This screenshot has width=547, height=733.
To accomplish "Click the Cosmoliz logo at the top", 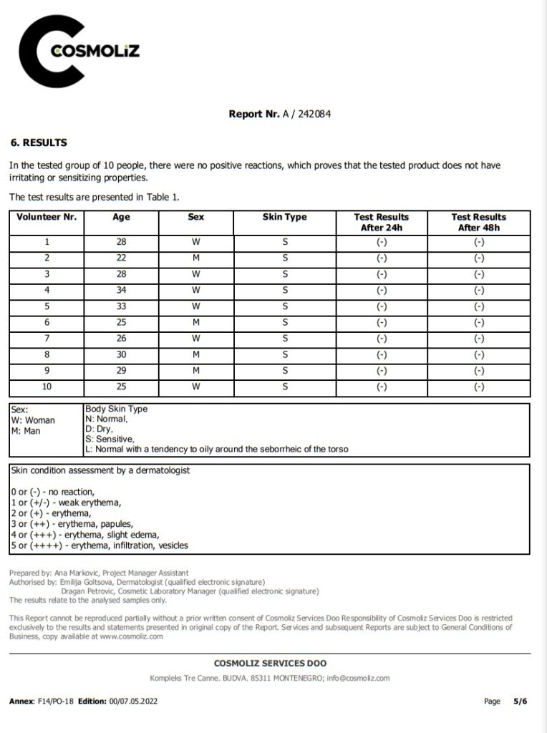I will (x=79, y=52).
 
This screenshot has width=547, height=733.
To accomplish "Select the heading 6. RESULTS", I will (x=39, y=142).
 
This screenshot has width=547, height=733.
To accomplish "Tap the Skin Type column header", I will (x=284, y=217).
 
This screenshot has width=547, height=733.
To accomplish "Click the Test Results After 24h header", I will (x=381, y=222).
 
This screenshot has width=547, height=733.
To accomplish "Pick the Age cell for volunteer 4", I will (x=121, y=290).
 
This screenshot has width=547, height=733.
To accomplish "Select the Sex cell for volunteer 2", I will (x=195, y=258).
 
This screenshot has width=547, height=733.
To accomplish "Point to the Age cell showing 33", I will (x=121, y=306).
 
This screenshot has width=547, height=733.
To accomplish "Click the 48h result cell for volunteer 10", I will (x=479, y=387).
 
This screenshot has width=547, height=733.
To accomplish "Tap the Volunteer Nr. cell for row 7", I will (x=47, y=339).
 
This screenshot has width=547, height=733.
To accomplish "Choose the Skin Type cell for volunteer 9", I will (x=284, y=371).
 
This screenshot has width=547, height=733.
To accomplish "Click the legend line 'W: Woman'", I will (x=34, y=420).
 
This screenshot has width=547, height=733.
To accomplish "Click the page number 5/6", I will (x=520, y=701).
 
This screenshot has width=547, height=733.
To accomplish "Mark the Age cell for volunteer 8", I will (x=121, y=354).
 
